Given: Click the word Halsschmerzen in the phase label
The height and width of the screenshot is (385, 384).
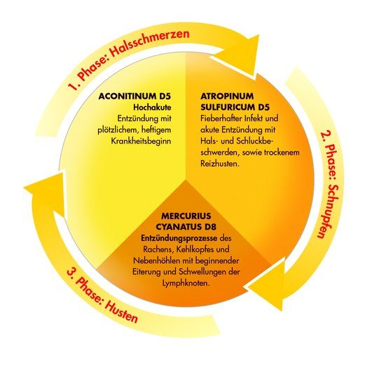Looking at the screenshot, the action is coord(149,43).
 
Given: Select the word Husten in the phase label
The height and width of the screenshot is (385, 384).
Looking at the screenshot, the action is coord(121,311).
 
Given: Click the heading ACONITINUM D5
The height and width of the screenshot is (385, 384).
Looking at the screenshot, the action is coord(135,97).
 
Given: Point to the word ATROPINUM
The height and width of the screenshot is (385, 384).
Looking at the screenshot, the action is coord(226,96).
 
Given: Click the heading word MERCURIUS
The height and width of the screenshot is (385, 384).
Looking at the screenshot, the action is coord(186,216).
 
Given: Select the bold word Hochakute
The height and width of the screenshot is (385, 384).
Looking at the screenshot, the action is coord(152,107).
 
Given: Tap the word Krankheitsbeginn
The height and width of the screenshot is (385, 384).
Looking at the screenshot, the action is coord(141,141).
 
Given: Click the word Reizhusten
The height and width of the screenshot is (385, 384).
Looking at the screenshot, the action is coord(220,164).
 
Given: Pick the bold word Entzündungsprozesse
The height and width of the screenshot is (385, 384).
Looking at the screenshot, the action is coord(179,238).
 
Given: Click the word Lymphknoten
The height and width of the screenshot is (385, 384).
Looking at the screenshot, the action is coord(186,283).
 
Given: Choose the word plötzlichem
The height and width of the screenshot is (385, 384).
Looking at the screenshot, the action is coord(118,130).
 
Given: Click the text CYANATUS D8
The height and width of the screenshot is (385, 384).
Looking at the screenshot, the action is coord(186,227).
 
